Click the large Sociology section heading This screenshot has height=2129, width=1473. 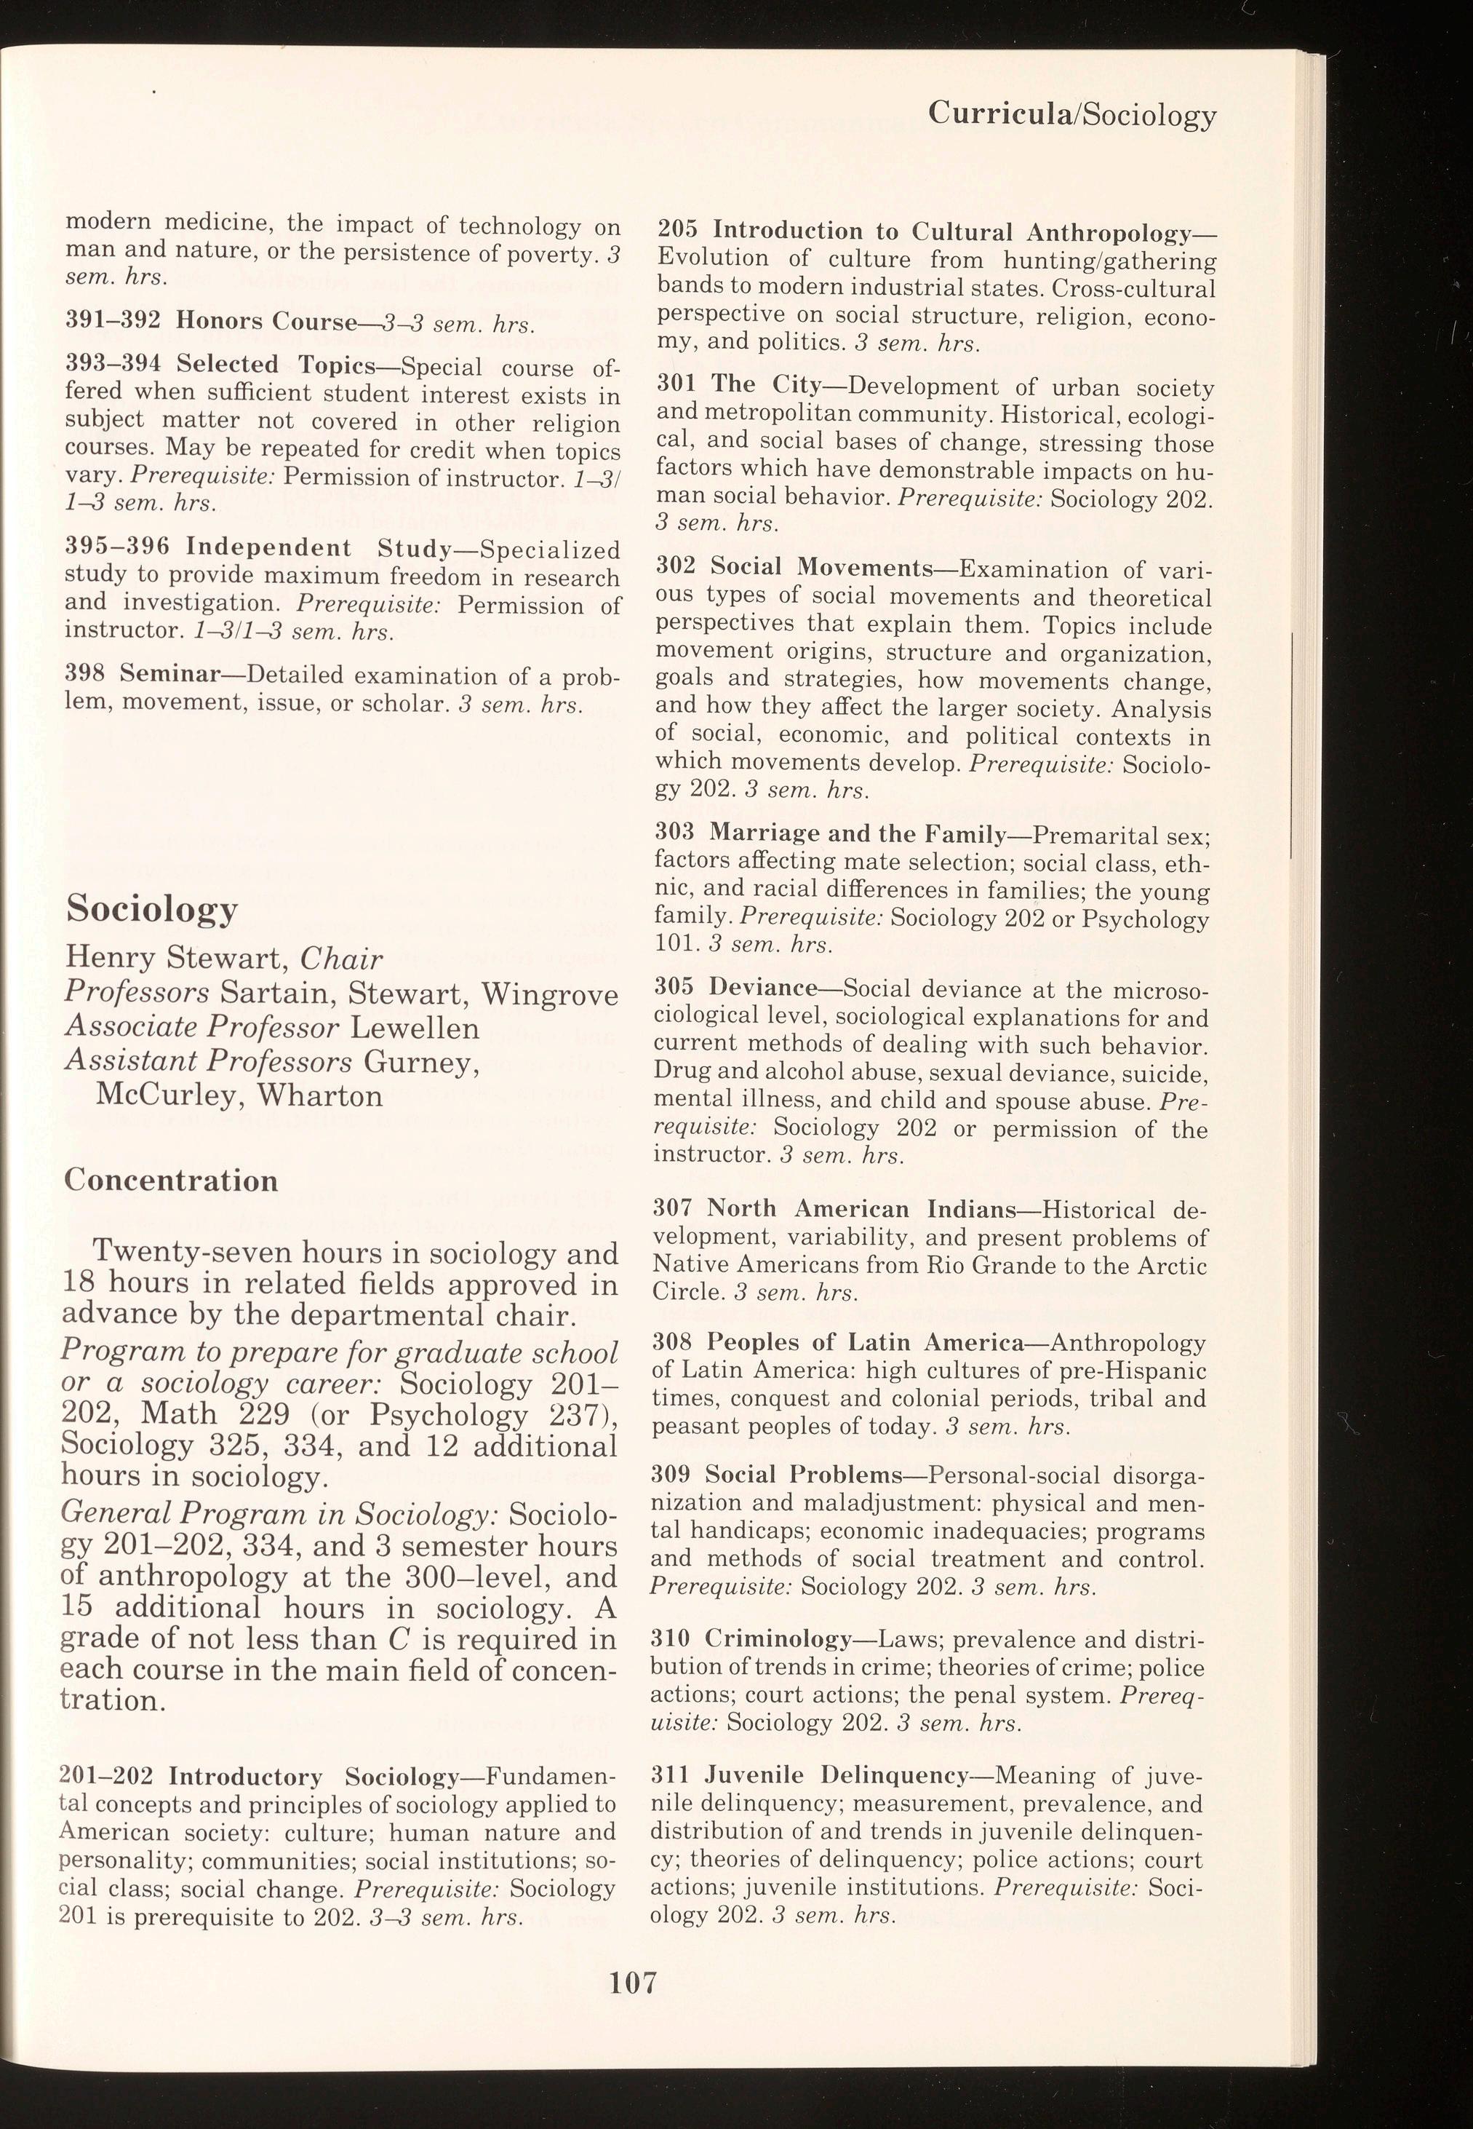click(152, 911)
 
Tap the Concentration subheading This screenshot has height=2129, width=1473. click(171, 1181)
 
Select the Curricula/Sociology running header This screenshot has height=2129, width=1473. click(1071, 114)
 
